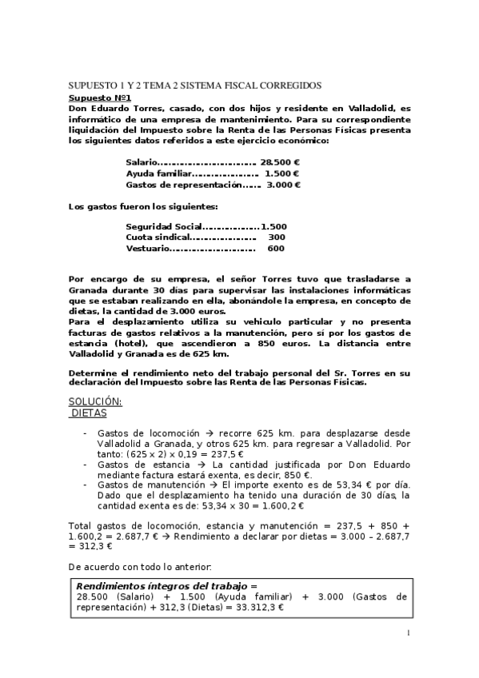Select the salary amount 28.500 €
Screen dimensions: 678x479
[x=280, y=162]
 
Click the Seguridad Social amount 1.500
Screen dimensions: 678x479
[x=273, y=227]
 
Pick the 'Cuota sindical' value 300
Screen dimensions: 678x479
[x=276, y=237]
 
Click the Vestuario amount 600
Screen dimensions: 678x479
[x=276, y=249]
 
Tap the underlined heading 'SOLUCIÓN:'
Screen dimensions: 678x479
[x=95, y=401]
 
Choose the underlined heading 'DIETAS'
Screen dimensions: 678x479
[x=89, y=413]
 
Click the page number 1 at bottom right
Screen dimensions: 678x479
[x=408, y=634]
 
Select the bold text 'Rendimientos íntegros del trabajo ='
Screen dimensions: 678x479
[x=167, y=586]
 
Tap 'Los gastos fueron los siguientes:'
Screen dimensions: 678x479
[x=138, y=207]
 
